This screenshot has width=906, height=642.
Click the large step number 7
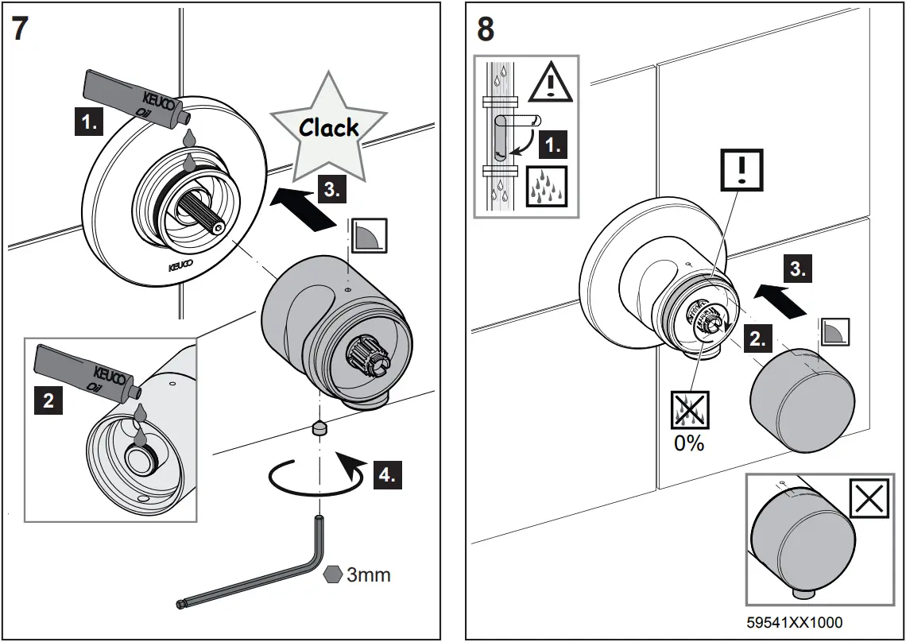[21, 29]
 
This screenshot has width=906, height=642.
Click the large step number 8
[485, 29]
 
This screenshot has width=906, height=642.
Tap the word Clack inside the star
[329, 127]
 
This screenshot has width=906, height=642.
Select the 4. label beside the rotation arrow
[385, 474]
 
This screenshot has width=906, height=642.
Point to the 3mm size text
[369, 574]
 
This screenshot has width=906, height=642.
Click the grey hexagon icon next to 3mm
[334, 574]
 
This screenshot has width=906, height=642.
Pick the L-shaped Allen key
[262, 572]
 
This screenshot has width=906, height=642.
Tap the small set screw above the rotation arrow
[319, 428]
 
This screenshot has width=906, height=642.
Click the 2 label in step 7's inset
[48, 400]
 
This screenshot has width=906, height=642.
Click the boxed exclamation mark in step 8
[741, 169]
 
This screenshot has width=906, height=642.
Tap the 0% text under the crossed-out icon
[689, 443]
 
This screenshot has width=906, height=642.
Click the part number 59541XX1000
[794, 622]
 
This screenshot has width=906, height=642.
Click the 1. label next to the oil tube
[90, 122]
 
